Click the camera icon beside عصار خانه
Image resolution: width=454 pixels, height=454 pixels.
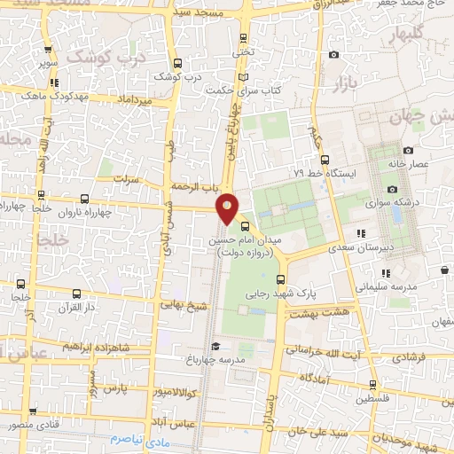pyautogui.click(x=407, y=151)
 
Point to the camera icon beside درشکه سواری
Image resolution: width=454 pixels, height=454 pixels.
pyautogui.click(x=392, y=189)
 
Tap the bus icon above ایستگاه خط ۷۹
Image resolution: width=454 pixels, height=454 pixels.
pyautogui.click(x=325, y=160)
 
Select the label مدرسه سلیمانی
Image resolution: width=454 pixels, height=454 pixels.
pyautogui.click(x=385, y=288)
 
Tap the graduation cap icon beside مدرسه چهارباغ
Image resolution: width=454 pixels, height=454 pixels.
pyautogui.click(x=213, y=347)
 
